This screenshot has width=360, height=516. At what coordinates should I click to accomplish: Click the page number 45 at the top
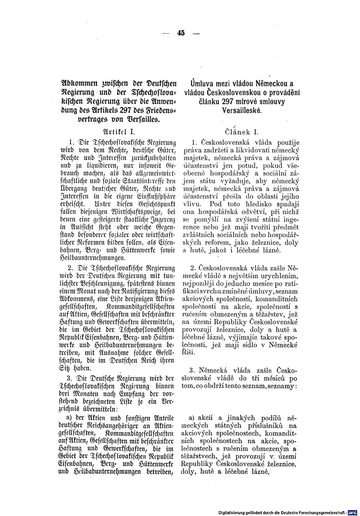point(180,33)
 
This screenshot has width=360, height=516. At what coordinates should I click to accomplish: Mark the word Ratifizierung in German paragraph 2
point(132,291)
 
